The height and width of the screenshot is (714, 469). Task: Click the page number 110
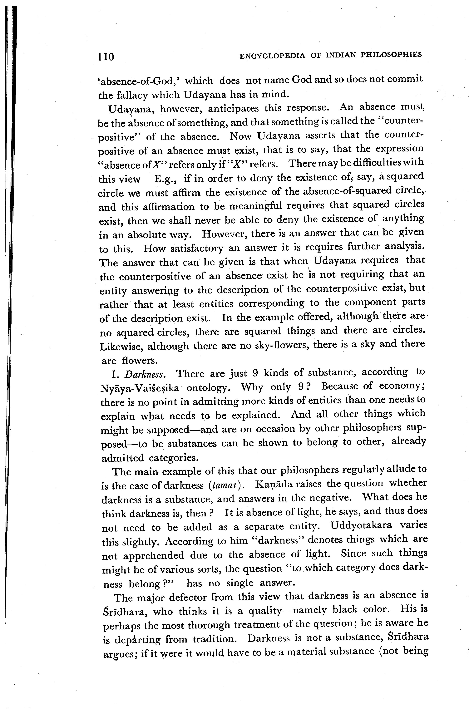click(x=106, y=56)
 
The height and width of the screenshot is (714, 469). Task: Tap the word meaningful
click(x=256, y=206)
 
